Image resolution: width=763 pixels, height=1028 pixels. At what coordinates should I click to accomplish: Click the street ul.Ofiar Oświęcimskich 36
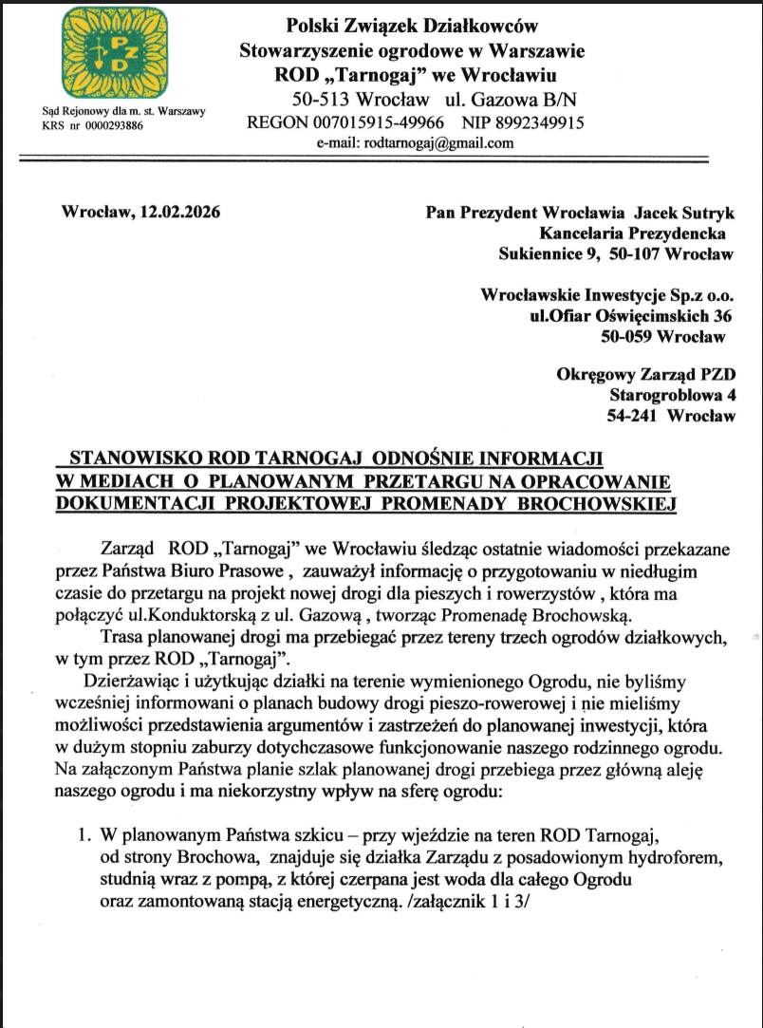631,315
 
